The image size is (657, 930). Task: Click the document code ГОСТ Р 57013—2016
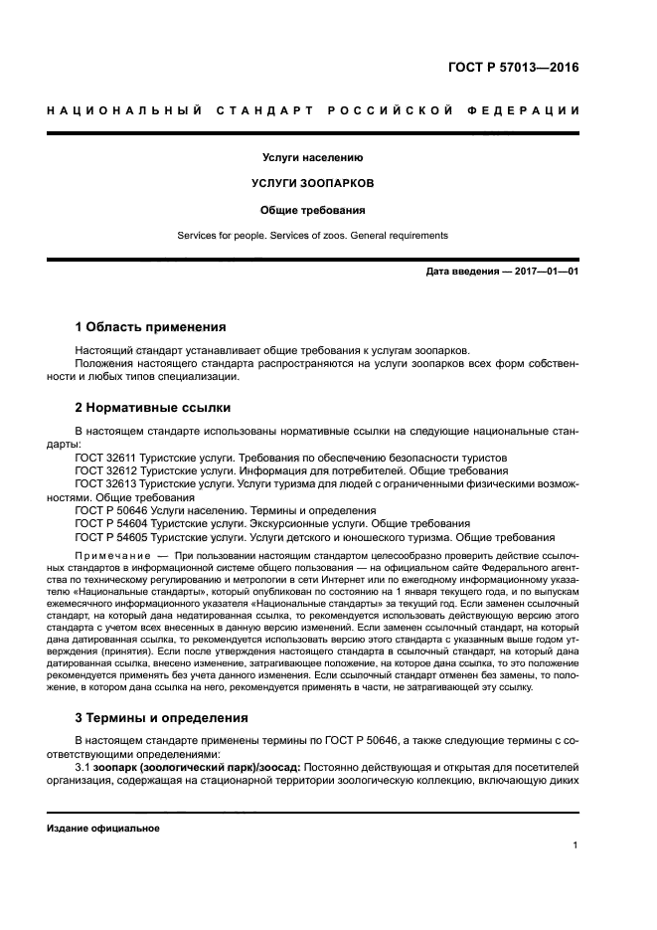[514, 69]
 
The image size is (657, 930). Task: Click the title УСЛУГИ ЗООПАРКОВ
[312, 184]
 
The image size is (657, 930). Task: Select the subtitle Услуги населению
[312, 157]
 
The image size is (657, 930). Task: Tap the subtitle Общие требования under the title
[312, 210]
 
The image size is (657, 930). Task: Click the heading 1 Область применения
[150, 326]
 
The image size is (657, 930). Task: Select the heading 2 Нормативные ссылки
[152, 407]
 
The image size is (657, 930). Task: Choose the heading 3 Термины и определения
[162, 717]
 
